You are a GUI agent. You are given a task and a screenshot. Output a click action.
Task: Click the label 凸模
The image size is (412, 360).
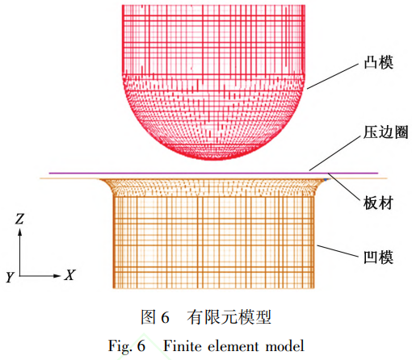pyautogui.click(x=378, y=62)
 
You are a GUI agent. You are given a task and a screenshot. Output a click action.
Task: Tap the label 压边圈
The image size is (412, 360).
pyautogui.click(x=386, y=132)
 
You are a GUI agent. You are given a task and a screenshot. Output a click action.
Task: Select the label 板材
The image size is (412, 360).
pyautogui.click(x=378, y=203)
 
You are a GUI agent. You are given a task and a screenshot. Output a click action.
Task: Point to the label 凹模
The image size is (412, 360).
pyautogui.click(x=378, y=257)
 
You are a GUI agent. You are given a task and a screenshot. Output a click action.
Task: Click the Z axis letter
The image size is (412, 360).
pyautogui.click(x=19, y=219)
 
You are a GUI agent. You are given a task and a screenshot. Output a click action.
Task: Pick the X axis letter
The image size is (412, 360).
pyautogui.click(x=69, y=275)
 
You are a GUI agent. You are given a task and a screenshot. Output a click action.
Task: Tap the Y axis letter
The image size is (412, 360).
pyautogui.click(x=10, y=277)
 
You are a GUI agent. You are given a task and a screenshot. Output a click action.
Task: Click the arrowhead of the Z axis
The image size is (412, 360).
pyautogui.click(x=19, y=232)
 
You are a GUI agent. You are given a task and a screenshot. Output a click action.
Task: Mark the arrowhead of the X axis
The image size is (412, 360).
pyautogui.click(x=57, y=276)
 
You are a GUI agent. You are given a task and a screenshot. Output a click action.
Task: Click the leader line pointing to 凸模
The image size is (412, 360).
pyautogui.click(x=333, y=77)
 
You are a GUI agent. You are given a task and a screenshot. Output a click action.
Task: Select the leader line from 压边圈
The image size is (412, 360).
pyautogui.click(x=334, y=153)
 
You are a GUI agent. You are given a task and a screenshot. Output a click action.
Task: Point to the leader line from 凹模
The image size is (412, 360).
pyautogui.click(x=338, y=251)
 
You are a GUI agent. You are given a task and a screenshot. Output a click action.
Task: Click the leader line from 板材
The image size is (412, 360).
pyautogui.click(x=344, y=187)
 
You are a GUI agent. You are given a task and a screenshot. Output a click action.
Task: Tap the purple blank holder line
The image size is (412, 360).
pyautogui.click(x=213, y=174)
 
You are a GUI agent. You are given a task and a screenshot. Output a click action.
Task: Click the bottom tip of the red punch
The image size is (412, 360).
pyautogui.click(x=214, y=160)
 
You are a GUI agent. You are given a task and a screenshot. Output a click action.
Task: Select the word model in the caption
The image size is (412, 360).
pyautogui.click(x=285, y=346)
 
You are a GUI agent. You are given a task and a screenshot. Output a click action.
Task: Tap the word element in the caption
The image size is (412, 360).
pyautogui.click(x=233, y=346)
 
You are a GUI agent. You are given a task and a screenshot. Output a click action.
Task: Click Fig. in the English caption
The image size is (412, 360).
pyautogui.click(x=120, y=346)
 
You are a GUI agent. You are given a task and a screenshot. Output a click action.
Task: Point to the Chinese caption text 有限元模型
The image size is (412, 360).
pyautogui.click(x=229, y=317)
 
